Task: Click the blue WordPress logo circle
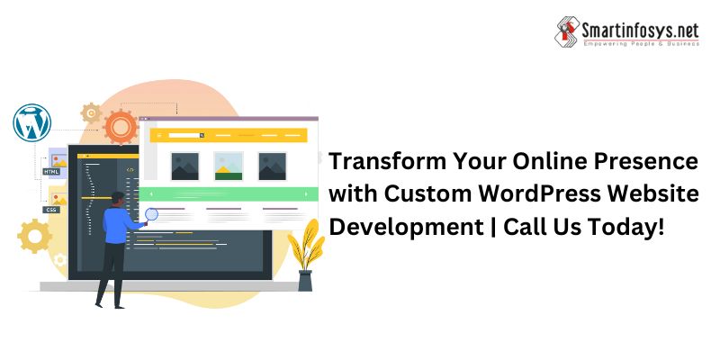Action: [31, 122]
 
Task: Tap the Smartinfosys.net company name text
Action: [641, 31]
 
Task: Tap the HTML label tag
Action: [51, 172]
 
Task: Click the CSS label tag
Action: [51, 210]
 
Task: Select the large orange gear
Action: [121, 127]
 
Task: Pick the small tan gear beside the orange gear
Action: [91, 113]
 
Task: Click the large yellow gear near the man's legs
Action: [34, 236]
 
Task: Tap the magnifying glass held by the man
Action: [151, 215]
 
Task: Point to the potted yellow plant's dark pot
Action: [305, 281]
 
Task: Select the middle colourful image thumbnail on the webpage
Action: [229, 166]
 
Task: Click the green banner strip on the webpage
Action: [229, 194]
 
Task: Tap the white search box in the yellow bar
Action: [184, 135]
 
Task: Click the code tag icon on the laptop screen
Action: [130, 170]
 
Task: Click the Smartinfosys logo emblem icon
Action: [567, 31]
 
